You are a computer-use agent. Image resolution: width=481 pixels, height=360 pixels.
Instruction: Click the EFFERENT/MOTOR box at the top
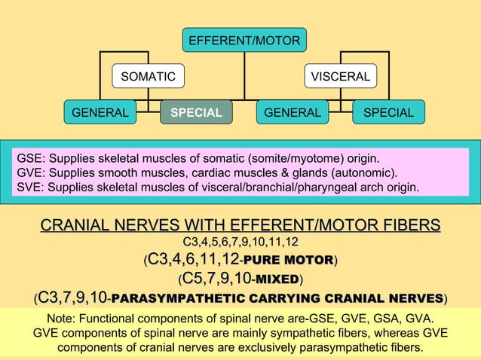point(244,40)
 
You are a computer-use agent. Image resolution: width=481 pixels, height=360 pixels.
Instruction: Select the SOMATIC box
point(149,77)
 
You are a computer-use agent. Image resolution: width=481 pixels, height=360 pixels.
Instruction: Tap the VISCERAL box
point(341,77)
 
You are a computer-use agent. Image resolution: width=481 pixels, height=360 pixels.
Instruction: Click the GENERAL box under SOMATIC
point(100,113)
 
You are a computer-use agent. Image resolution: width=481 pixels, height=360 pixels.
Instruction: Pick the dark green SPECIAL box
point(196,113)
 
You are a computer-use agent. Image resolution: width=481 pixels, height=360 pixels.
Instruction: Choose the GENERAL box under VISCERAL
point(293,113)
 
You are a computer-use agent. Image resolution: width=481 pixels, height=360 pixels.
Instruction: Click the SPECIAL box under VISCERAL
point(388,113)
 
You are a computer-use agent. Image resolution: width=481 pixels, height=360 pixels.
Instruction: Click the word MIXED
point(277,280)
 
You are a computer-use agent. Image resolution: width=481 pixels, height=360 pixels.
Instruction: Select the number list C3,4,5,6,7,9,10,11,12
point(240,243)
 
